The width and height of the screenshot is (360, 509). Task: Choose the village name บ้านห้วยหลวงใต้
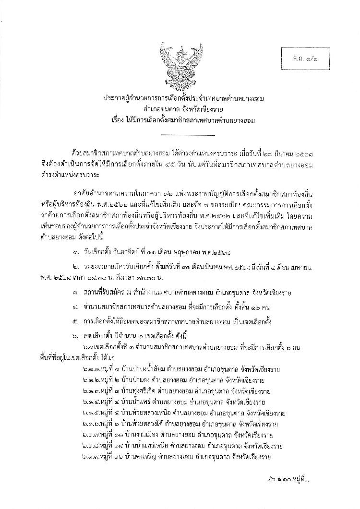point(144,424)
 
